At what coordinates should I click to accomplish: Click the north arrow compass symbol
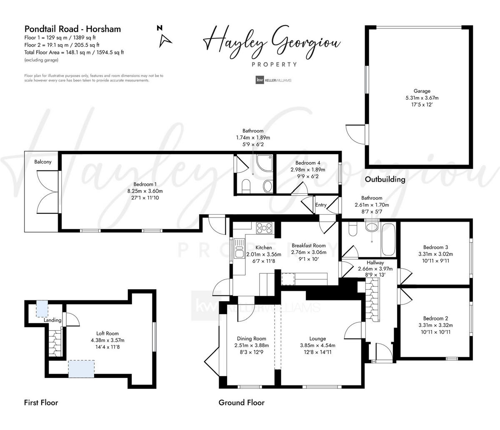click(x=165, y=39)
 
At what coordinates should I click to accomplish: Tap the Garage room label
click(x=422, y=91)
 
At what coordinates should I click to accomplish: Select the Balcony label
click(x=43, y=162)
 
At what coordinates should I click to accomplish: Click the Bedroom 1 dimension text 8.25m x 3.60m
click(x=145, y=191)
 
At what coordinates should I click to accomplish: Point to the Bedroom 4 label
click(x=307, y=163)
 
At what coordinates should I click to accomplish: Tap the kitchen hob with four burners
click(x=264, y=227)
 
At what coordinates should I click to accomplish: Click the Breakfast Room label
click(x=308, y=245)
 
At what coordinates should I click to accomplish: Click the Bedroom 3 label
click(x=435, y=247)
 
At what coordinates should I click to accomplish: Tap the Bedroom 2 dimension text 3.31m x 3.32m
click(x=435, y=325)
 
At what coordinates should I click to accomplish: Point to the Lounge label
click(x=317, y=338)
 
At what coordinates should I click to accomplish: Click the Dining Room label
click(x=251, y=338)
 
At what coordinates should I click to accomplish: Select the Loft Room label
click(x=107, y=333)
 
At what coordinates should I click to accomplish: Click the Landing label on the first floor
click(x=52, y=320)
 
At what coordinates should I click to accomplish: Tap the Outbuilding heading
click(x=385, y=180)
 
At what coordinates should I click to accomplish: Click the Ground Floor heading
click(x=241, y=402)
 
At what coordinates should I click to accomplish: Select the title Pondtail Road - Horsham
click(x=72, y=29)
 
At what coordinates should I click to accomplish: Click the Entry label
click(x=321, y=205)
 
